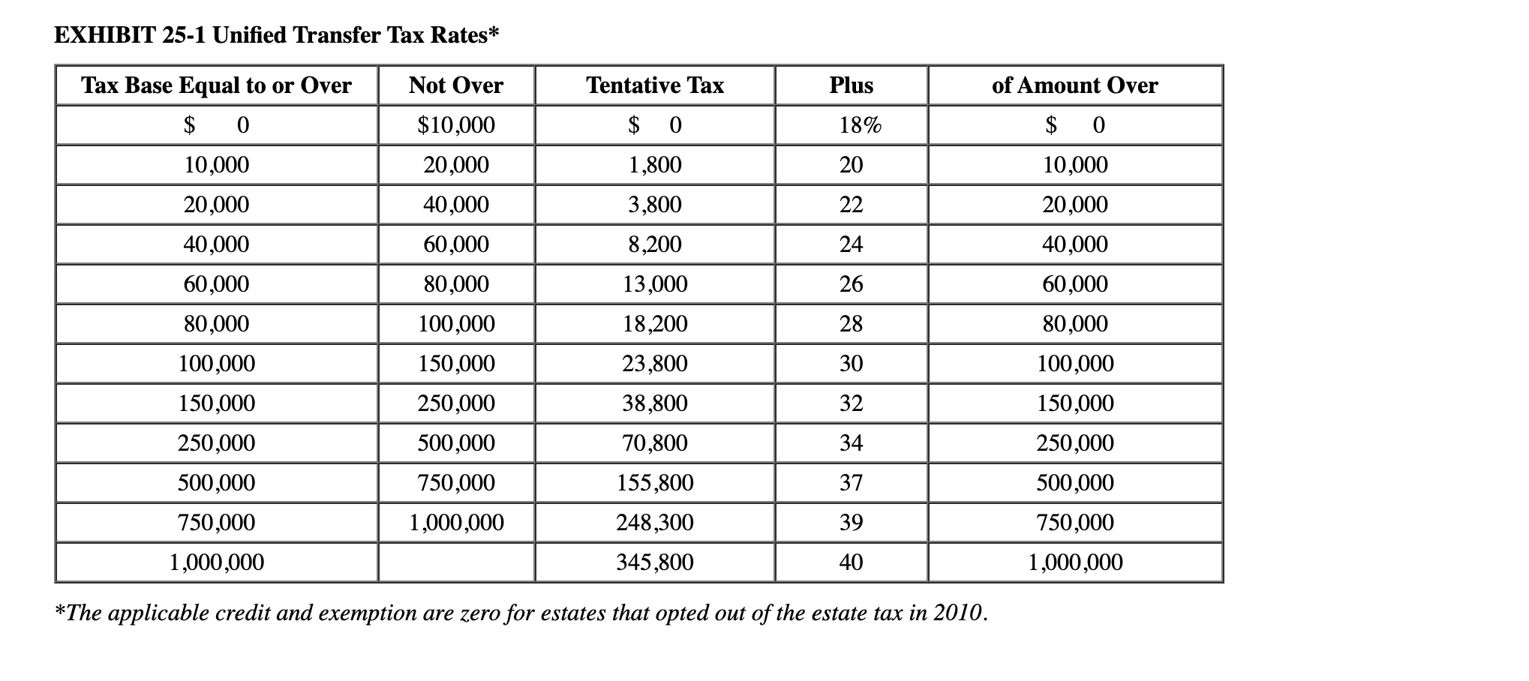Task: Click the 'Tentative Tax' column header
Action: [654, 85]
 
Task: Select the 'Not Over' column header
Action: [456, 85]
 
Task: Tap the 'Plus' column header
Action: [851, 85]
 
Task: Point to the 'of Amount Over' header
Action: [1074, 85]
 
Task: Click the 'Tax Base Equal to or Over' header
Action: [216, 85]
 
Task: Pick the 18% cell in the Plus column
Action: [860, 125]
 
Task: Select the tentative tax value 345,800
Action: [655, 562]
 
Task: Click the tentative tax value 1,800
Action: [655, 165]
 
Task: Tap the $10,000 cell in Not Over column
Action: [456, 125]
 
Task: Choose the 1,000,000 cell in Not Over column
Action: [456, 523]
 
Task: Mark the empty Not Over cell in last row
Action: [456, 562]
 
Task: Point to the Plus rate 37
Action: [851, 483]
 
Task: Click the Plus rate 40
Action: [851, 562]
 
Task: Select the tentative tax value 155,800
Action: [655, 483]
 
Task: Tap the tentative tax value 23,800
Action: [655, 364]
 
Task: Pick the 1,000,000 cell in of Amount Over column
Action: [1075, 562]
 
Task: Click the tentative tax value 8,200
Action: [655, 244]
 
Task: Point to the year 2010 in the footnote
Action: [957, 613]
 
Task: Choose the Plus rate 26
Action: [851, 284]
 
